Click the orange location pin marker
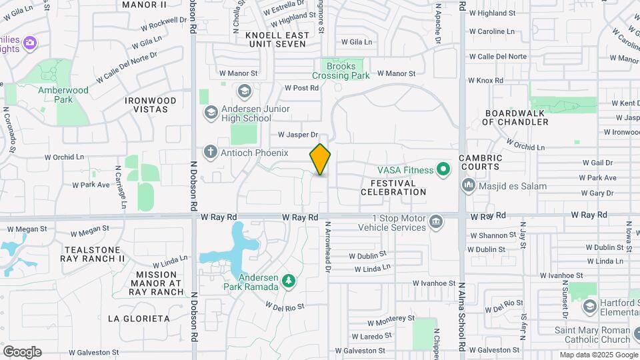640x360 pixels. tap(320, 159)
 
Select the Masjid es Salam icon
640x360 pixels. tap(467, 185)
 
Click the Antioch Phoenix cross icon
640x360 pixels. tap(211, 153)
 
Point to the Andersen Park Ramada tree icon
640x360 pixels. tap(288, 281)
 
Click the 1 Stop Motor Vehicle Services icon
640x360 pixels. tap(436, 221)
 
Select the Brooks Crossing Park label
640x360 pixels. tap(341, 71)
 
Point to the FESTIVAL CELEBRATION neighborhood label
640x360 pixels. tap(393, 187)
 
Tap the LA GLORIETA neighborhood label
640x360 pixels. tap(139, 319)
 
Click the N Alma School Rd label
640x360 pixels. tap(461, 317)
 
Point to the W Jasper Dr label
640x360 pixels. tap(298, 135)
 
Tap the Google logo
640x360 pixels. tap(22, 352)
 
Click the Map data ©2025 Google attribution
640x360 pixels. tap(598, 355)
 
